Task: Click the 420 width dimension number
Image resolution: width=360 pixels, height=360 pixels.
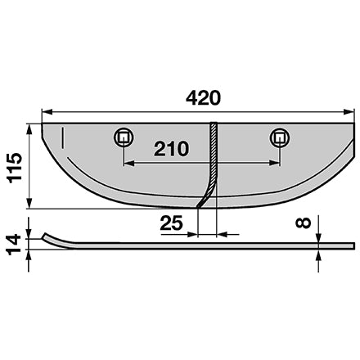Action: click(203, 98)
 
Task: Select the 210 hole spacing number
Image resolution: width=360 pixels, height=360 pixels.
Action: click(171, 149)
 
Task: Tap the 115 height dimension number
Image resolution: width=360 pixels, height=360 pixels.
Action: click(15, 168)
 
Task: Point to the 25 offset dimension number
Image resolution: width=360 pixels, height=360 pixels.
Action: click(171, 223)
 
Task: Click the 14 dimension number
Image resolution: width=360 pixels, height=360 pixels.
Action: click(14, 245)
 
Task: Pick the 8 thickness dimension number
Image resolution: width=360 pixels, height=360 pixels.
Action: click(303, 223)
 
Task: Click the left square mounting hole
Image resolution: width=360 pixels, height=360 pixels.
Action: click(124, 137)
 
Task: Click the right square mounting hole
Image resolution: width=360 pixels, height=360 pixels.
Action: click(280, 137)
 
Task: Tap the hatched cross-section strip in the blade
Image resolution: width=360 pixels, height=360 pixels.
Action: click(210, 164)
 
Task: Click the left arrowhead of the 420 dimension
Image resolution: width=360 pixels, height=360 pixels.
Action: click(47, 112)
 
